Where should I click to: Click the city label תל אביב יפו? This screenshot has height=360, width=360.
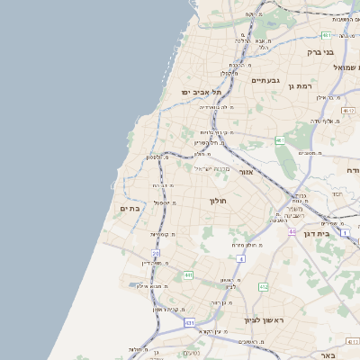tap(200, 92)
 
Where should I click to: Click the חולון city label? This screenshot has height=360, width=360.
tap(220, 201)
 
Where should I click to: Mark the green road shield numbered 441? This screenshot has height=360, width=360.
tap(188, 274)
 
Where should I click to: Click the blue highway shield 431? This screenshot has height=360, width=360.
tap(189, 321)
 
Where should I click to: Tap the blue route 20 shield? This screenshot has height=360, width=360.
tap(155, 254)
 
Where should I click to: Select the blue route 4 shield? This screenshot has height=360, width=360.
tap(241, 259)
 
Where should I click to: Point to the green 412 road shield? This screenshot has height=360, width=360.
tap(263, 286)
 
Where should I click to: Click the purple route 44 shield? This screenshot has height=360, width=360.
tap(292, 231)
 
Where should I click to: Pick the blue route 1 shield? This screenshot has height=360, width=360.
tap(319, 232)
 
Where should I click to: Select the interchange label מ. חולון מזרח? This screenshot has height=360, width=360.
tap(248, 245)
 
